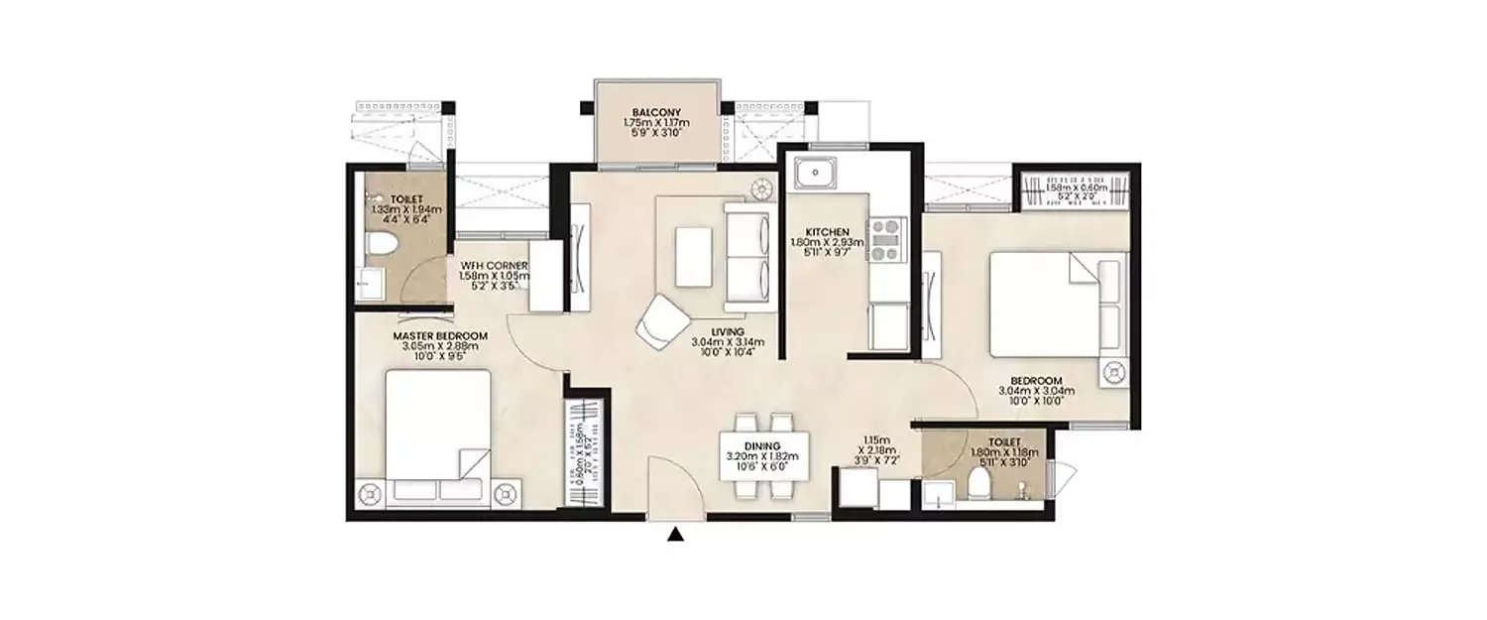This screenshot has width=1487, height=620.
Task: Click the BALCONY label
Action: (x=655, y=112)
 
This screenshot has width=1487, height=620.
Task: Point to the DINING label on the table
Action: (x=763, y=446)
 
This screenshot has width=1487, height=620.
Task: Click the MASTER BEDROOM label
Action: (x=444, y=336)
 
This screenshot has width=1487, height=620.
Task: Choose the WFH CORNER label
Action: (x=493, y=266)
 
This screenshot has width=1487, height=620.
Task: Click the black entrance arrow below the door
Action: (x=675, y=536)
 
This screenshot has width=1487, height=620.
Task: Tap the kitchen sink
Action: (x=815, y=175)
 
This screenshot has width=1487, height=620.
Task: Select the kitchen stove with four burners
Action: (x=886, y=239)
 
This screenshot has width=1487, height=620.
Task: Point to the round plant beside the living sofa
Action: (x=762, y=186)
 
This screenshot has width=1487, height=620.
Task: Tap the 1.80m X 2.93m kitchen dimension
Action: (x=827, y=243)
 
